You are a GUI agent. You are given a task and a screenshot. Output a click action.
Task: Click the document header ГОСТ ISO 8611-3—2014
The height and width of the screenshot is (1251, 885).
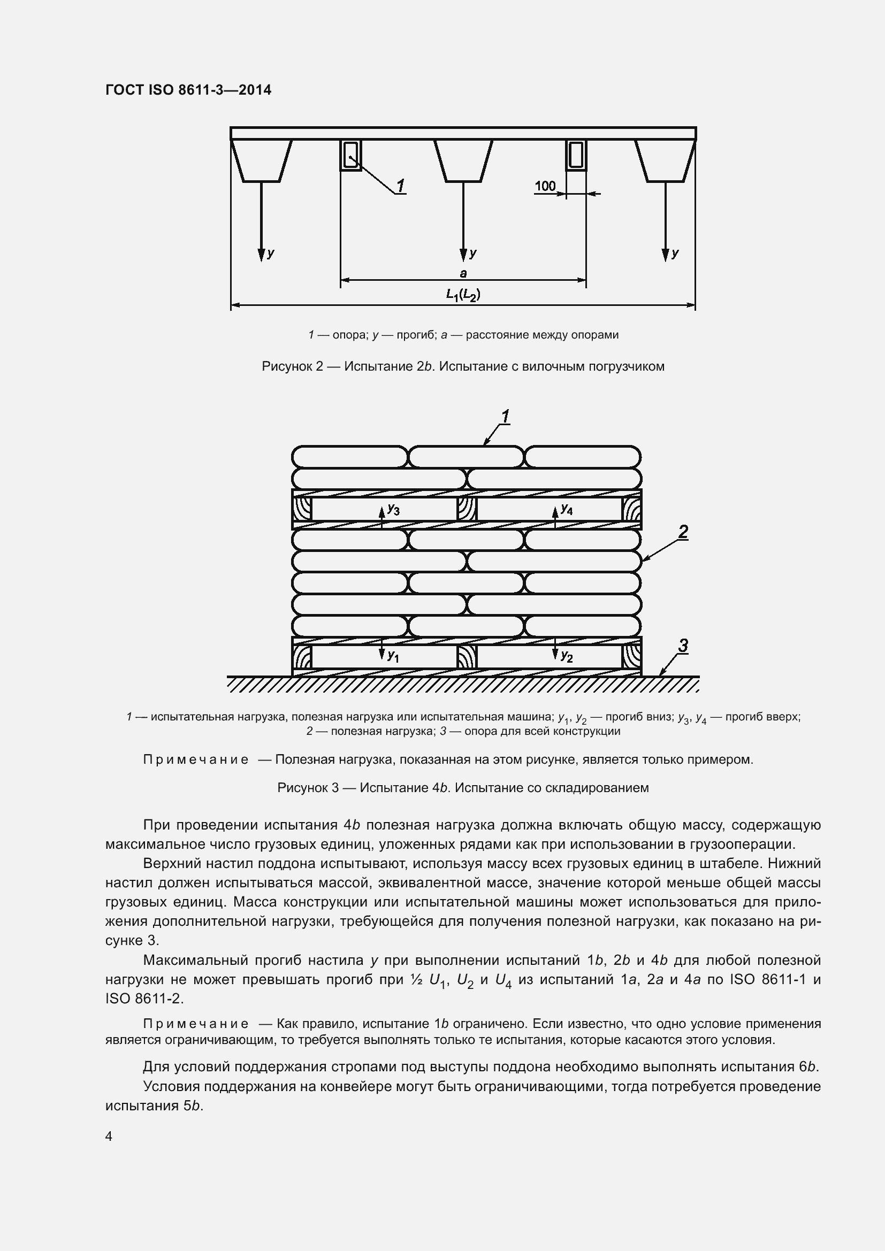(x=188, y=90)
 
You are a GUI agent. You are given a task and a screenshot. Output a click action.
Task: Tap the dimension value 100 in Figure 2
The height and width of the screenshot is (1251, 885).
(x=544, y=186)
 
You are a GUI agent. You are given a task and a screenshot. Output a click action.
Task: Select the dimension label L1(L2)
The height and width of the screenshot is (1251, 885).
(x=463, y=295)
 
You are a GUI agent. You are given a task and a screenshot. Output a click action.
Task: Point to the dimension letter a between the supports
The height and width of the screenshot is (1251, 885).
(x=463, y=273)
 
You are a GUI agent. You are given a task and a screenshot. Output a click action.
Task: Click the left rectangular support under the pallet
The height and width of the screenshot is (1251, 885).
(x=350, y=155)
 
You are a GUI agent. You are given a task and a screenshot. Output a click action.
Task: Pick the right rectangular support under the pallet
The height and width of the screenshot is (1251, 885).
(x=576, y=155)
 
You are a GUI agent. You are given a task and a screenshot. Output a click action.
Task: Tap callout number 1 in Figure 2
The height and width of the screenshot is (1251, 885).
(x=401, y=186)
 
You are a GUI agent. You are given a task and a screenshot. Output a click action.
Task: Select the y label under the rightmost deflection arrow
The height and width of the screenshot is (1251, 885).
(x=675, y=253)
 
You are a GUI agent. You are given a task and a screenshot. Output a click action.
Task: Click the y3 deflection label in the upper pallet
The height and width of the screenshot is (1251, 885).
(x=393, y=510)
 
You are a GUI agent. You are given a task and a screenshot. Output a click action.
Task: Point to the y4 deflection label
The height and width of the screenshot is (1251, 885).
(x=567, y=510)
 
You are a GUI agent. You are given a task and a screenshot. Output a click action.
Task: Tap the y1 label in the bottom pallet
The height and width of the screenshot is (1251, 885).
(x=393, y=657)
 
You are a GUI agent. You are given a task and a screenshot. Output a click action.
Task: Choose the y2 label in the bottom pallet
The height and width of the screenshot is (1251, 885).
(x=567, y=657)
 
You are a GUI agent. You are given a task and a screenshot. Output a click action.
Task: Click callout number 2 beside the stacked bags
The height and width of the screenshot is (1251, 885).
(x=683, y=531)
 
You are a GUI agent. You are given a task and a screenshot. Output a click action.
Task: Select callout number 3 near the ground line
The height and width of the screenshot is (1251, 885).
(x=683, y=646)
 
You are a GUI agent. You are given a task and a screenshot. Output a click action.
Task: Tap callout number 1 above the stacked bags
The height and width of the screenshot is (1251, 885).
(x=505, y=417)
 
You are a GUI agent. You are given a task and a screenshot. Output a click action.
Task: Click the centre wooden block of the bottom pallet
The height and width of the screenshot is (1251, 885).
(x=467, y=657)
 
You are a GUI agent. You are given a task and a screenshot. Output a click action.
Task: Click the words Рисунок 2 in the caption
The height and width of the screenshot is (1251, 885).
(x=293, y=366)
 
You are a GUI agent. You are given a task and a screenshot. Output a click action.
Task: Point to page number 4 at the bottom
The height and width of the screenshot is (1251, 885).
(x=109, y=1136)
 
